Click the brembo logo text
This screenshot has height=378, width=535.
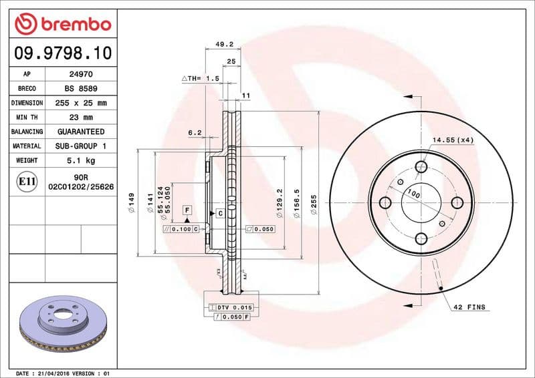[72, 24]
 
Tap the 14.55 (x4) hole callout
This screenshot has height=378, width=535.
[453, 140]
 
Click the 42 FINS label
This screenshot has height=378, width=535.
[470, 307]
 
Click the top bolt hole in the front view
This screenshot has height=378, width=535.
[421, 167]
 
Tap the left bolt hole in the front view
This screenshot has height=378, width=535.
[385, 202]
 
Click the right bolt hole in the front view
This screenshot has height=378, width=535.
[457, 202]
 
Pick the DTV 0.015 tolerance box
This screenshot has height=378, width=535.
[231, 307]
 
